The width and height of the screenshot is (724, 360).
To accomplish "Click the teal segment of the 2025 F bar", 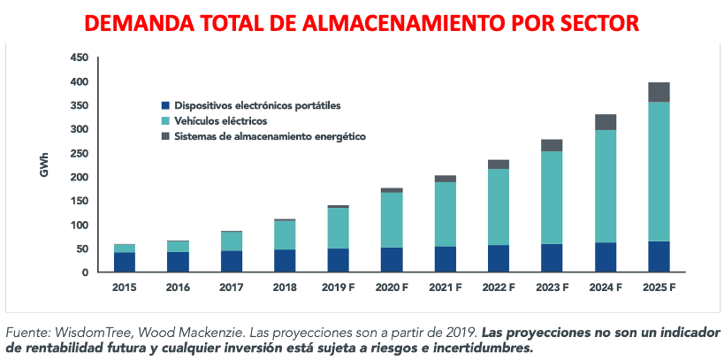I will coord(658,172).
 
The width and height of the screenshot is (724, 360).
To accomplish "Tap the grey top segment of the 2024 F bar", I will coord(606,122).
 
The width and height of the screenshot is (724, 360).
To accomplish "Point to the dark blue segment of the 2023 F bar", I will coord(552,257).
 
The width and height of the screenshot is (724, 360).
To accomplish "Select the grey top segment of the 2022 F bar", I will coord(499,165).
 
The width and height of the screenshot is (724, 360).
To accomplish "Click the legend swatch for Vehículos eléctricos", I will coord(165,121).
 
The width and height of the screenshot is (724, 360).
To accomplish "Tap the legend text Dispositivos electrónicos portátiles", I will coord(257,105).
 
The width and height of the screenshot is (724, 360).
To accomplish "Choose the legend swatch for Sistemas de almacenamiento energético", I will coord(165,137).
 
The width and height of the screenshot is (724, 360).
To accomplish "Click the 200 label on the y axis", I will coord(79,178).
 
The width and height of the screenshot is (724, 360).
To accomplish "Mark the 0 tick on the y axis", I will coord(85,273).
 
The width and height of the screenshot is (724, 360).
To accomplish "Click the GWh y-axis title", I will coord(44,166).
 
